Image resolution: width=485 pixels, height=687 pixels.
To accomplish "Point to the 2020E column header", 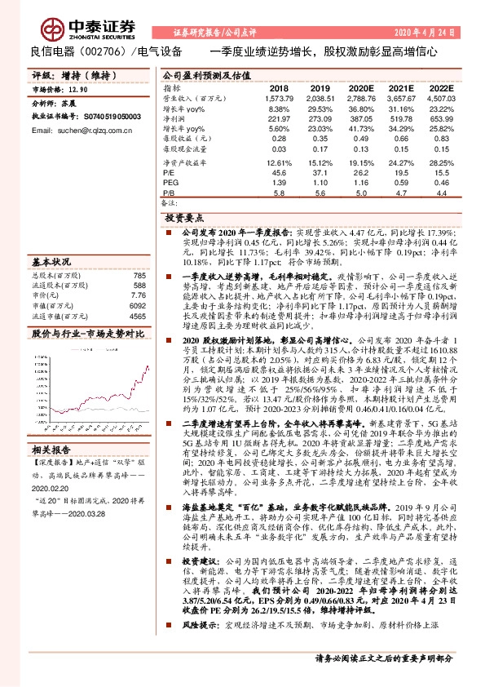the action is [360, 87].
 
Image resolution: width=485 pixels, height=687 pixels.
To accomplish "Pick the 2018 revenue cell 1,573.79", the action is [278, 98].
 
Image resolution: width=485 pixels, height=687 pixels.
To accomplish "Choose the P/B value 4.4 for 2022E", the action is [441, 193].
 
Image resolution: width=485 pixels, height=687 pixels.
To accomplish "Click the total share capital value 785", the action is [139, 276].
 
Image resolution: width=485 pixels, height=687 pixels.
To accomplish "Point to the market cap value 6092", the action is [137, 305].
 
